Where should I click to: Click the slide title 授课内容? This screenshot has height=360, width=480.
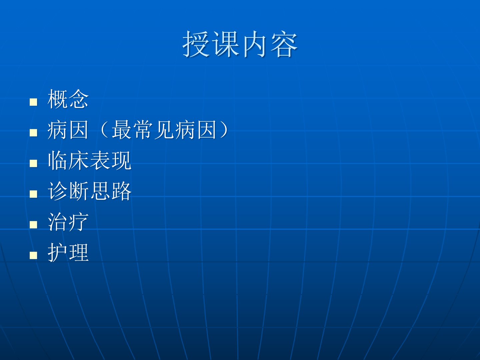[240, 44]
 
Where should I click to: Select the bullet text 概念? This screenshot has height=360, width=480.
[68, 99]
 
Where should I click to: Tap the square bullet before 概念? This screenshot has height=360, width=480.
[33, 102]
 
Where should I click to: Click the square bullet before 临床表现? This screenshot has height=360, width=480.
[33, 163]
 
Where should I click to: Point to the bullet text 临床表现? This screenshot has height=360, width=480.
[89, 160]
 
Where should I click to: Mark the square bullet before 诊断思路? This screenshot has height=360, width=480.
[33, 194]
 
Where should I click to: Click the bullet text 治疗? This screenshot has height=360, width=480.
[68, 222]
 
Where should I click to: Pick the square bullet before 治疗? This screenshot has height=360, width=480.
[33, 224]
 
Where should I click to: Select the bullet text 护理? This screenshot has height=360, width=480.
[68, 252]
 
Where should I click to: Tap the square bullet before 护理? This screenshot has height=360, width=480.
[33, 255]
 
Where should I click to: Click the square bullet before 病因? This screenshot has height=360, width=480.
[33, 132]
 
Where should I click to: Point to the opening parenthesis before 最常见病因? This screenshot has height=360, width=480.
[104, 130]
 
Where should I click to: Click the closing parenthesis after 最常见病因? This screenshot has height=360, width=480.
[224, 130]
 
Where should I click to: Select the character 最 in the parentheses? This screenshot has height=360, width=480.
[122, 130]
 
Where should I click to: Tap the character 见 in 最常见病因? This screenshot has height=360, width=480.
[164, 130]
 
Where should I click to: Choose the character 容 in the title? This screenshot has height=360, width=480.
[284, 44]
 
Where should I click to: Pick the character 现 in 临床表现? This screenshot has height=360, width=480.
[122, 160]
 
